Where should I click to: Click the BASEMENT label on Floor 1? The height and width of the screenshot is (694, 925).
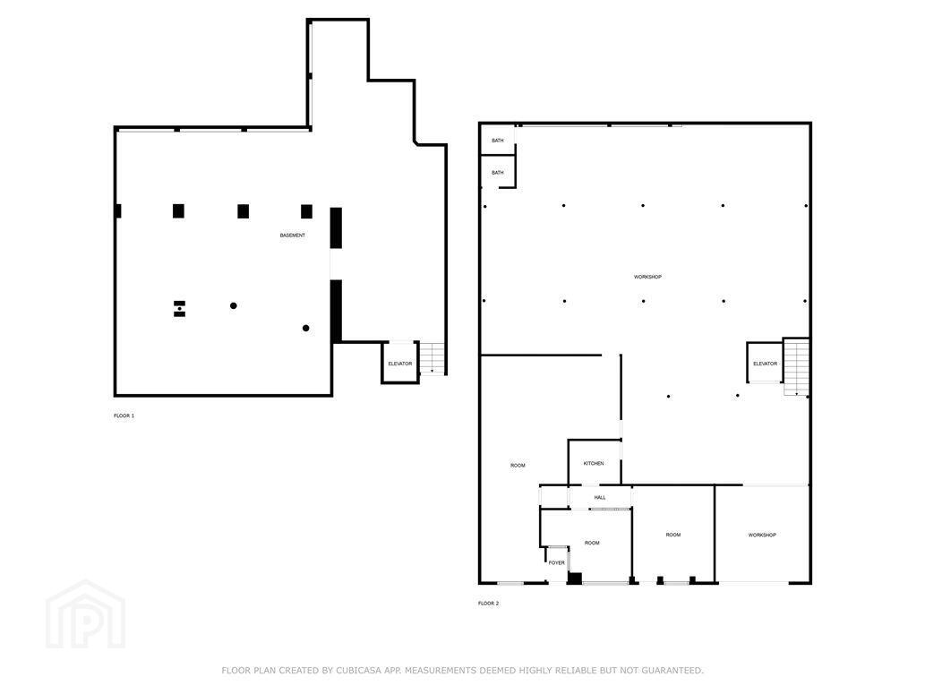click(x=293, y=236)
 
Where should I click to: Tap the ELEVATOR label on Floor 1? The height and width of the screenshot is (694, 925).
click(x=400, y=364)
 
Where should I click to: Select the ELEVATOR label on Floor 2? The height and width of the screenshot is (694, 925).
click(x=765, y=364)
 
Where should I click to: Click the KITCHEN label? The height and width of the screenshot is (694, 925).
click(x=594, y=463)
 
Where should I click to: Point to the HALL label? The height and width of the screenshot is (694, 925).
click(x=600, y=498)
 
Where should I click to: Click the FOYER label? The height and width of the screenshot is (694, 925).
click(x=557, y=563)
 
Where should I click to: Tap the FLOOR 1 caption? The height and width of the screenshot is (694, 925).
click(x=124, y=416)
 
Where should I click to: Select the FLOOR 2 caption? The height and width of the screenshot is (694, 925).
click(x=488, y=604)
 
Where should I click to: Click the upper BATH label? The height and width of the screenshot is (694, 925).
click(x=498, y=141)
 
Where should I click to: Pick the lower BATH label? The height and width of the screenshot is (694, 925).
click(x=498, y=173)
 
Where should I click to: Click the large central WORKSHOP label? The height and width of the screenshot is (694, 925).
click(x=647, y=277)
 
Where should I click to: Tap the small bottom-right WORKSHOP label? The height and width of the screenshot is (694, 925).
click(x=762, y=535)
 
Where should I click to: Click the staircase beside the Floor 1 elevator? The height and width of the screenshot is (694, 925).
click(x=433, y=357)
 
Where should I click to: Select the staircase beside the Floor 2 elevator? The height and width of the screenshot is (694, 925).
click(x=796, y=366)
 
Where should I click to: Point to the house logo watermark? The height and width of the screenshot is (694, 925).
click(x=86, y=614)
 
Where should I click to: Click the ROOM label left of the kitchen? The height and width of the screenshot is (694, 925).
click(x=518, y=466)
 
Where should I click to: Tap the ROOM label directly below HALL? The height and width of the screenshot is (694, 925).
click(x=592, y=543)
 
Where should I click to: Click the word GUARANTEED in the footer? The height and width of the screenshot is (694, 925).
click(x=672, y=671)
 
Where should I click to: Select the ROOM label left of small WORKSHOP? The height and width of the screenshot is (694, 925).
click(x=673, y=535)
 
